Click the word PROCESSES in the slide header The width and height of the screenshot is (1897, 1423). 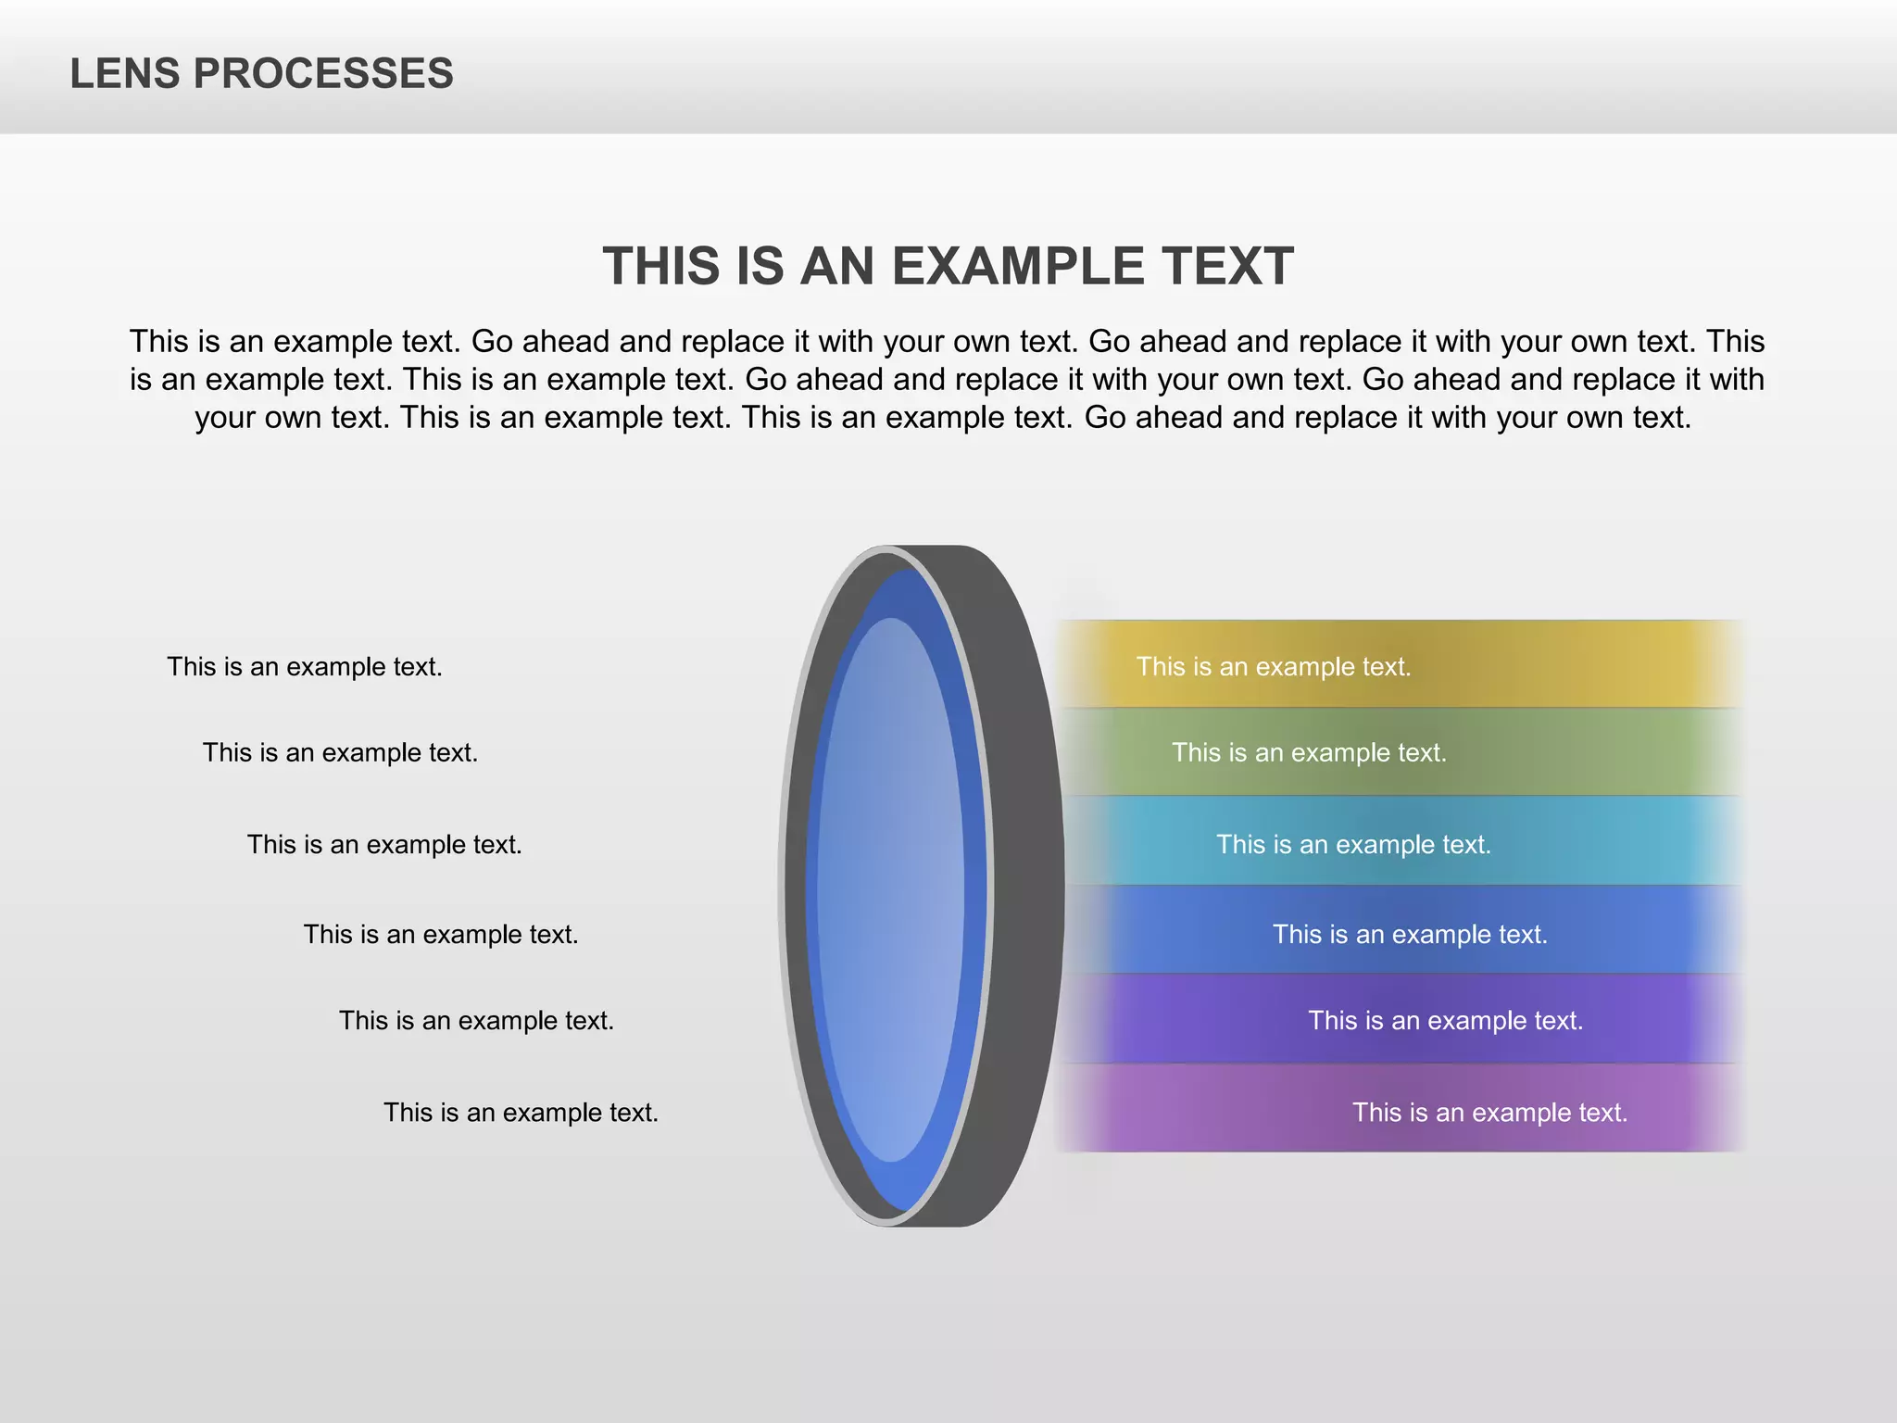tap(323, 74)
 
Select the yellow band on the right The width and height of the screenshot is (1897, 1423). tap(1575, 664)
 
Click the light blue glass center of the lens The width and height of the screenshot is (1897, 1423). tap(890, 889)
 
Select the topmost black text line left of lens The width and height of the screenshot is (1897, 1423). tap(305, 667)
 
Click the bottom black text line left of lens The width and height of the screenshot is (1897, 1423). tap(521, 1113)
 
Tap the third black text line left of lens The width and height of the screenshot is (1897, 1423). tap(384, 845)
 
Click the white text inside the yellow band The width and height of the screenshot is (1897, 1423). tap(1274, 667)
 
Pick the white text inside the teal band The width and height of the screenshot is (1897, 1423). tap(1353, 845)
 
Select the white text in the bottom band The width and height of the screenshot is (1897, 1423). tap(1489, 1113)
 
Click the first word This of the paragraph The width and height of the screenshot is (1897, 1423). tap(158, 342)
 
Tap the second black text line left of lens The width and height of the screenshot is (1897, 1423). tap(340, 753)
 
